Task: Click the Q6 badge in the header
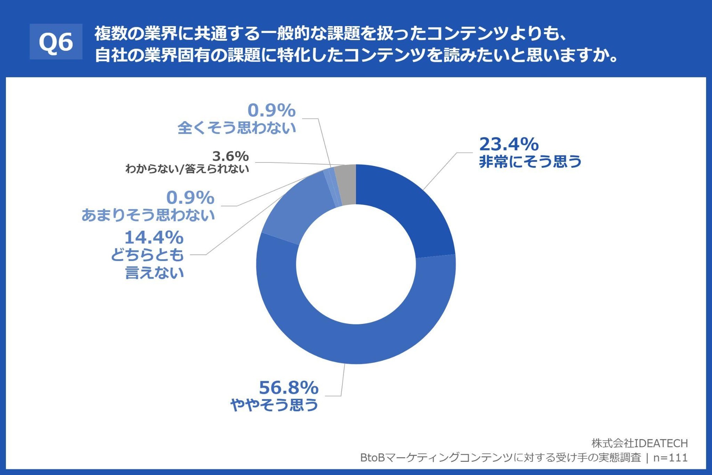(56, 42)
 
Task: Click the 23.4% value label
(509, 144)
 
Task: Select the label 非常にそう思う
(530, 162)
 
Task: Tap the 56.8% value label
(288, 388)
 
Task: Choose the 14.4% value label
(154, 238)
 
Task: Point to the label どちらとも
(147, 255)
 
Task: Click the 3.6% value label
(230, 156)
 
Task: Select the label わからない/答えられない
(187, 169)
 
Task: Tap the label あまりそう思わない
(148, 215)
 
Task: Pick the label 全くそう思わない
(237, 128)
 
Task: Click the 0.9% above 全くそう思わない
(271, 110)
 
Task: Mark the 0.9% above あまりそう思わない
(190, 198)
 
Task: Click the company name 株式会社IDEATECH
(639, 443)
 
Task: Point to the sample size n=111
(670, 458)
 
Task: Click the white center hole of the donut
(356, 264)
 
